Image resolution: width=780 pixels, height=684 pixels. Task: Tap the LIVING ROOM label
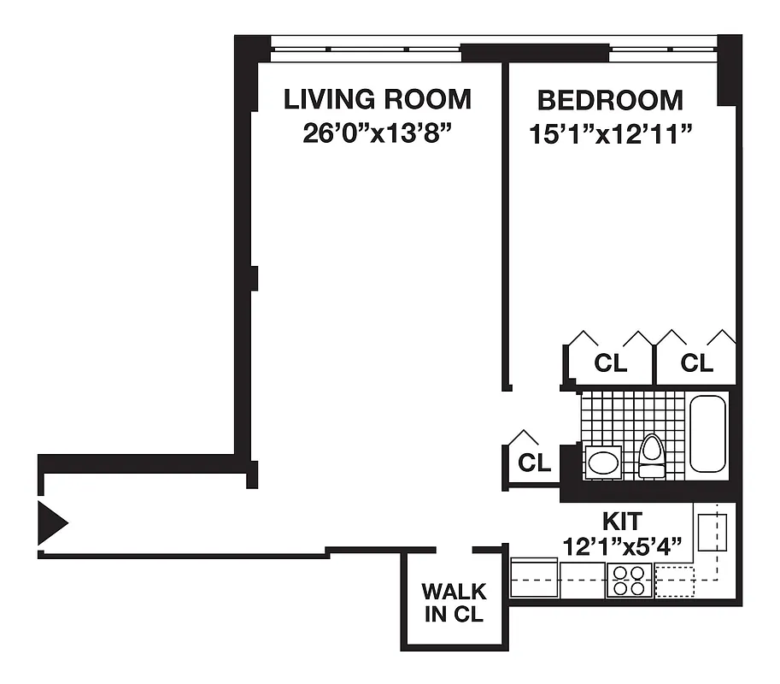tap(377, 99)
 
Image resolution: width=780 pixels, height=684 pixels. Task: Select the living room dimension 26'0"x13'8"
tap(377, 133)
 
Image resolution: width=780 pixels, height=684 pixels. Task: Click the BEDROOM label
tap(610, 100)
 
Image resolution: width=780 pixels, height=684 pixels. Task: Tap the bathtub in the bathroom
tap(707, 433)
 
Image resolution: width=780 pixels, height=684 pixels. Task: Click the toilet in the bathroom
tap(652, 457)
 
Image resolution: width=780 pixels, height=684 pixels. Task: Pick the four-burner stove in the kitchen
tap(628, 581)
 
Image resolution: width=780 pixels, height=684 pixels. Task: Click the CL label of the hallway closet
tap(534, 463)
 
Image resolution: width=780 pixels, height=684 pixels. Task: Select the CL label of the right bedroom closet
tap(696, 363)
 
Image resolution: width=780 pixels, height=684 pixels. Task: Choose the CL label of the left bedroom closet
tap(610, 363)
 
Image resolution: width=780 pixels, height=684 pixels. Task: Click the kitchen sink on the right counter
tap(712, 532)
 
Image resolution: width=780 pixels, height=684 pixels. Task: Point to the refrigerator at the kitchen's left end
tap(534, 579)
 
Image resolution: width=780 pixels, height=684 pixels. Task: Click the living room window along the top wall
tap(366, 49)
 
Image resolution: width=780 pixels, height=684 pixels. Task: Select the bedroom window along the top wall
tap(663, 49)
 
